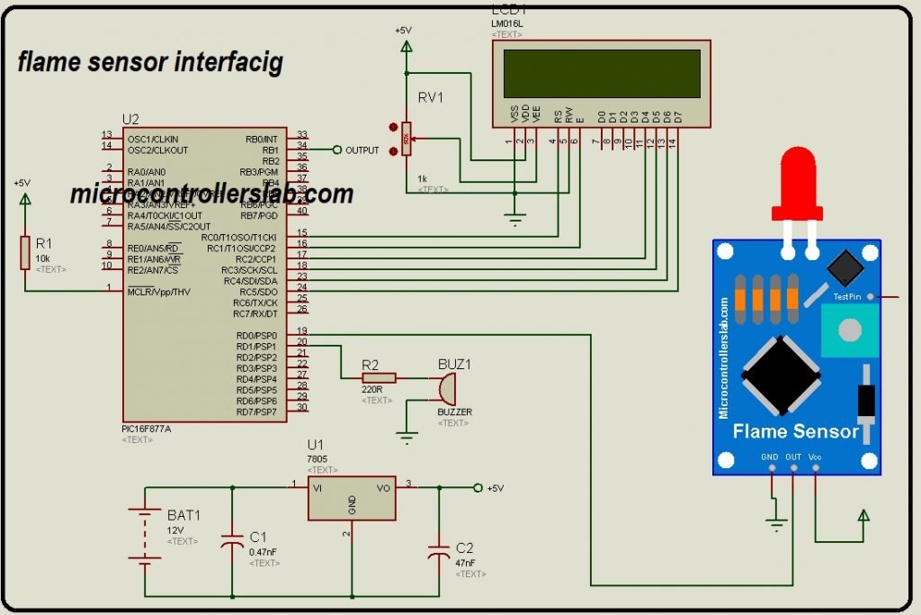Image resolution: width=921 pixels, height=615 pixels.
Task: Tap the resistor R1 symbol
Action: coord(25,253)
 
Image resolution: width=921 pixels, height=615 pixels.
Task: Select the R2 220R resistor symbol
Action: coord(378,379)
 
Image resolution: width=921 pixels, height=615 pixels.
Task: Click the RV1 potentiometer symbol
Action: coord(407,140)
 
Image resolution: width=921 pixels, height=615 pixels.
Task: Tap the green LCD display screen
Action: coord(602,74)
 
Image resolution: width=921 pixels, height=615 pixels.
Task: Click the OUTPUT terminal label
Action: coord(362,150)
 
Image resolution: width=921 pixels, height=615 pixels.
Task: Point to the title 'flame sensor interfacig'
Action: coord(150,62)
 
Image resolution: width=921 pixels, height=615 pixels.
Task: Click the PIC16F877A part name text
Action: coord(147,429)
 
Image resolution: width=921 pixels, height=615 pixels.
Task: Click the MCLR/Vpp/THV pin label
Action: coord(158,292)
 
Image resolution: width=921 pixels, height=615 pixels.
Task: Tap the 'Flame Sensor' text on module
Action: coord(795,431)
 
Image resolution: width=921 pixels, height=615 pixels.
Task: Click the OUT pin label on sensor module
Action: coord(792,457)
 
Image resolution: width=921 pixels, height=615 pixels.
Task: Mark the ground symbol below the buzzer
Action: coord(407,439)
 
